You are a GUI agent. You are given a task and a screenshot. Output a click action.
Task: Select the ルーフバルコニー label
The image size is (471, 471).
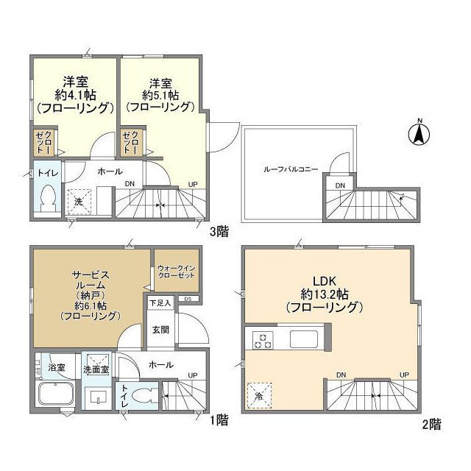(291, 169)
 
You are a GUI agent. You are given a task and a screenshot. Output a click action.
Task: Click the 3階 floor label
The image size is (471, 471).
(219, 231)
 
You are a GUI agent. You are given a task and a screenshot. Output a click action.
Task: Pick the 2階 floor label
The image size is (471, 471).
(431, 424)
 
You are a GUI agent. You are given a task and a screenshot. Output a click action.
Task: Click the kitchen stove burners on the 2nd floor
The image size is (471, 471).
(263, 340)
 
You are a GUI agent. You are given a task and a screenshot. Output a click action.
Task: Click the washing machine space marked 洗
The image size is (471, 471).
(78, 201)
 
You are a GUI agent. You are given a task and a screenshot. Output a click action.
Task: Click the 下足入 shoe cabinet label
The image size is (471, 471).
(160, 302)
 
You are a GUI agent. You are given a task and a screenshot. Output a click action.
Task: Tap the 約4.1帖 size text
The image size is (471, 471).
(75, 94)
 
